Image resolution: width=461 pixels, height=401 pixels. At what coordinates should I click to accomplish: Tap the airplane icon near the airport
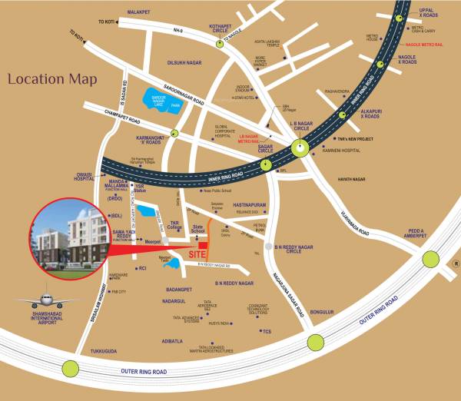[x=39, y=300]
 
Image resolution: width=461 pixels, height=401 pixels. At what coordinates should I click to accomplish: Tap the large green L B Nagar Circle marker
[x=300, y=149]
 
